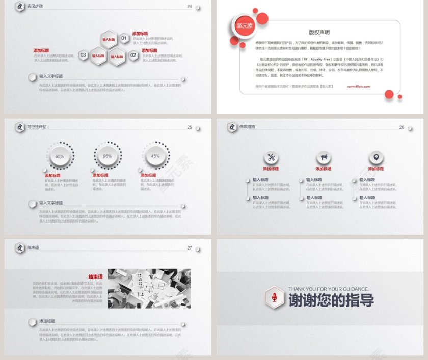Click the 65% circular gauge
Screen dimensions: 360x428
coord(60,156)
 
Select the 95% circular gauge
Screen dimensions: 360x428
coord(108,156)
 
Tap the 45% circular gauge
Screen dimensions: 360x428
coord(155,156)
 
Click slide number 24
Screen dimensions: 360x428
coord(190,7)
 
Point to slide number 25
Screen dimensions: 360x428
coord(190,127)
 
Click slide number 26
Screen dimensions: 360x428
coord(402,127)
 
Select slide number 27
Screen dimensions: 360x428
coord(190,248)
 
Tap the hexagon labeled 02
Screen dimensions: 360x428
coord(133,55)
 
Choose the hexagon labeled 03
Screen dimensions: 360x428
coord(84,55)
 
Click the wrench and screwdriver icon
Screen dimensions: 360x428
coord(272,157)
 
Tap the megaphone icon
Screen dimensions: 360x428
coord(324,157)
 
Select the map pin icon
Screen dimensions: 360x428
coord(376,157)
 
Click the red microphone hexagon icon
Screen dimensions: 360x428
coord(275,297)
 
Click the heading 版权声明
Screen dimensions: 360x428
coord(319,32)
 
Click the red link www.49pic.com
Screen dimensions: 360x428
coord(359,87)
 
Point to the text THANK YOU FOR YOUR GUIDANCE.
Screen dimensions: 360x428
coord(328,289)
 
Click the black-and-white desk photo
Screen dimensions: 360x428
coord(149,288)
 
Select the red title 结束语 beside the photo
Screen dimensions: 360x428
coord(96,277)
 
